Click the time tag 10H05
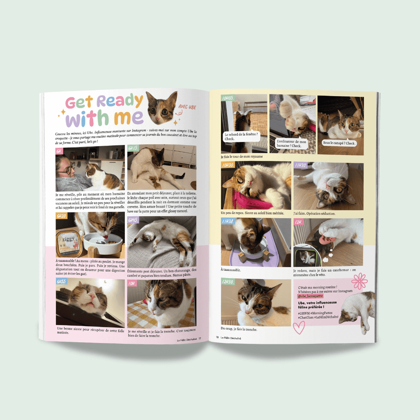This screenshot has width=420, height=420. (228, 98)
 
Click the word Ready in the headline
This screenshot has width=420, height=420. (120, 101)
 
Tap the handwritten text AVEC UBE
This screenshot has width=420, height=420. (187, 107)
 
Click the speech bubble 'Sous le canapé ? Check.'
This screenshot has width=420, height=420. (339, 143)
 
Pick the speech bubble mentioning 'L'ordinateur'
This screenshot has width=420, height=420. (291, 144)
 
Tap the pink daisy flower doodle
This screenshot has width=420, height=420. (360, 281)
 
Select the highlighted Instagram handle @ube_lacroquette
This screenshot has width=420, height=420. (311, 296)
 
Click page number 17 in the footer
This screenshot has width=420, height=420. (200, 338)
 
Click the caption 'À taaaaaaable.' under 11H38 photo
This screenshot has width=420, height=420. (231, 270)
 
